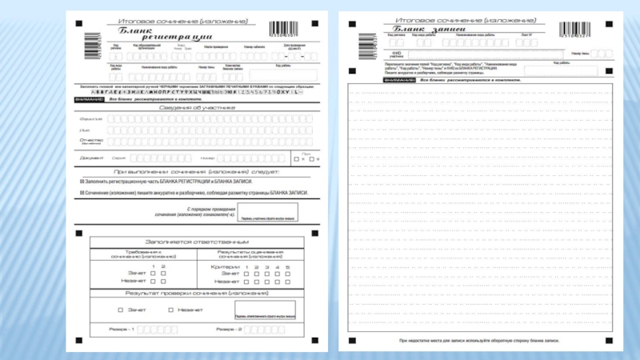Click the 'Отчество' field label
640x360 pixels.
pyautogui.click(x=91, y=140)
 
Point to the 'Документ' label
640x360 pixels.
pyautogui.click(x=91, y=158)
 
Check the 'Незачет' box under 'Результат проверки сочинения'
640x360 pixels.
pyautogui.click(x=170, y=310)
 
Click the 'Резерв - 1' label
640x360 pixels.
pyautogui.click(x=122, y=329)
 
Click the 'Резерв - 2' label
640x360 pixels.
pyautogui.click(x=230, y=329)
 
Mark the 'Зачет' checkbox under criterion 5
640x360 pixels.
pyautogui.click(x=287, y=274)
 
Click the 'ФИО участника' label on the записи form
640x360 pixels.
pyautogui.click(x=395, y=54)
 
